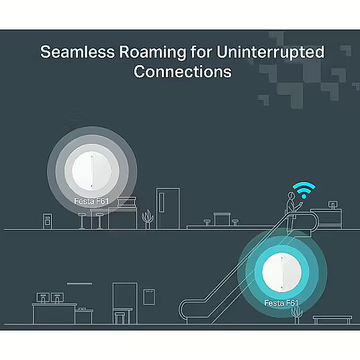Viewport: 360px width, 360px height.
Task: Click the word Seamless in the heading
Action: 77,52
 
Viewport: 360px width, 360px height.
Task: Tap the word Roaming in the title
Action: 152,53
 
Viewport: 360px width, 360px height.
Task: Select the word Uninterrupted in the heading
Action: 270,53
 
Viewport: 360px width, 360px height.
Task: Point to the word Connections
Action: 183,71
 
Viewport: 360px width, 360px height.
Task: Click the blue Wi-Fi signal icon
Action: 304,189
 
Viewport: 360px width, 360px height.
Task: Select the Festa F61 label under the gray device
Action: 91,201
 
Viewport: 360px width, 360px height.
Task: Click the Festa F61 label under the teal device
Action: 281,303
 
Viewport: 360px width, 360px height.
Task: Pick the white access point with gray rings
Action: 92,171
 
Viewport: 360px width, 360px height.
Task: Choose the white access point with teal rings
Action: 282,273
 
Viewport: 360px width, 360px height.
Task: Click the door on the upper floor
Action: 168,208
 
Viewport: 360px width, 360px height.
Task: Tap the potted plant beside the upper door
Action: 147,219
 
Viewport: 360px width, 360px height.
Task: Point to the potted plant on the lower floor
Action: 297,314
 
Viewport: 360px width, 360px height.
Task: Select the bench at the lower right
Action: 332,320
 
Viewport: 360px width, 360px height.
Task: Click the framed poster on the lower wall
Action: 149,297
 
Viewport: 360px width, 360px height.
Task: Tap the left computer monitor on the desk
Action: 43,298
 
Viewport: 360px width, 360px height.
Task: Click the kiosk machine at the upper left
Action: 47,221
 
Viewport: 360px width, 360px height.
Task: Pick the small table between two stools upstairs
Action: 222,219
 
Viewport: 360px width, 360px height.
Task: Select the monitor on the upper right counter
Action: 332,205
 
